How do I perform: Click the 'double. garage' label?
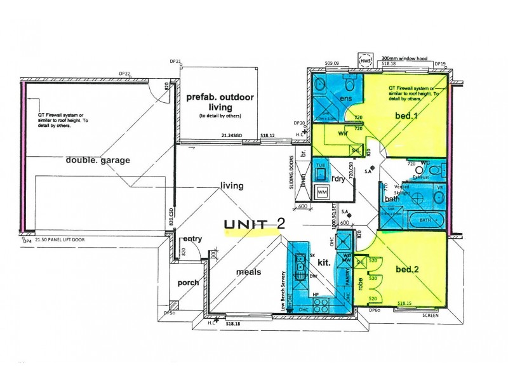point(97,160)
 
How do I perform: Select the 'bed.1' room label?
point(406,116)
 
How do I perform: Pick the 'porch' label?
point(188,283)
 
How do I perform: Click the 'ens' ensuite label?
point(346,99)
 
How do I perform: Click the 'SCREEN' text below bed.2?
point(432,315)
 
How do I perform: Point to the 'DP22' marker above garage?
point(125,74)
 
